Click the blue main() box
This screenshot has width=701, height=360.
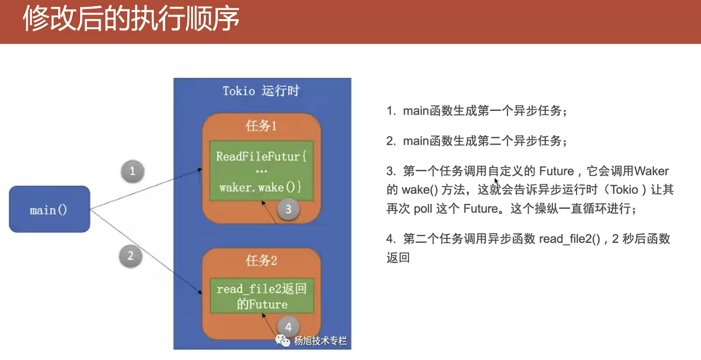tap(50, 209)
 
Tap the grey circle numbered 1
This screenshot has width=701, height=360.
tap(132, 171)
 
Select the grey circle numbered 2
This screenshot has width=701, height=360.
tap(131, 256)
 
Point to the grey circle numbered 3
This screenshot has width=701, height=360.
tap(288, 209)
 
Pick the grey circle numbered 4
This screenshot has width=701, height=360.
tap(288, 327)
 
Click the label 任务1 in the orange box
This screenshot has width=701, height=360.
tap(261, 126)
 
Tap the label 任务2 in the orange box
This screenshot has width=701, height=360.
tap(261, 260)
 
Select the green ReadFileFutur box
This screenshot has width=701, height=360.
tap(261, 171)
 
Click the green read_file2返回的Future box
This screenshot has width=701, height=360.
tap(262, 296)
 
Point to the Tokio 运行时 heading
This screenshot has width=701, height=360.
tap(261, 91)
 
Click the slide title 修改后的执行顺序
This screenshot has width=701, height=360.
tap(131, 18)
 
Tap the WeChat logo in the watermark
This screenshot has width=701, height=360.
tap(283, 340)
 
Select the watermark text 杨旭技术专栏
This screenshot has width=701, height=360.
tap(320, 340)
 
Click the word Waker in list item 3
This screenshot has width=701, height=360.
tap(651, 171)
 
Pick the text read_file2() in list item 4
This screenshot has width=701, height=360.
tap(569, 239)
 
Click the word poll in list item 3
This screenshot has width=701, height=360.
tap(423, 208)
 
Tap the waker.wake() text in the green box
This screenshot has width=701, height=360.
tap(261, 187)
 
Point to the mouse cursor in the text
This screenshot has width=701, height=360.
tap(496, 181)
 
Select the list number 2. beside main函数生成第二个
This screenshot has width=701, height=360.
tap(391, 141)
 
